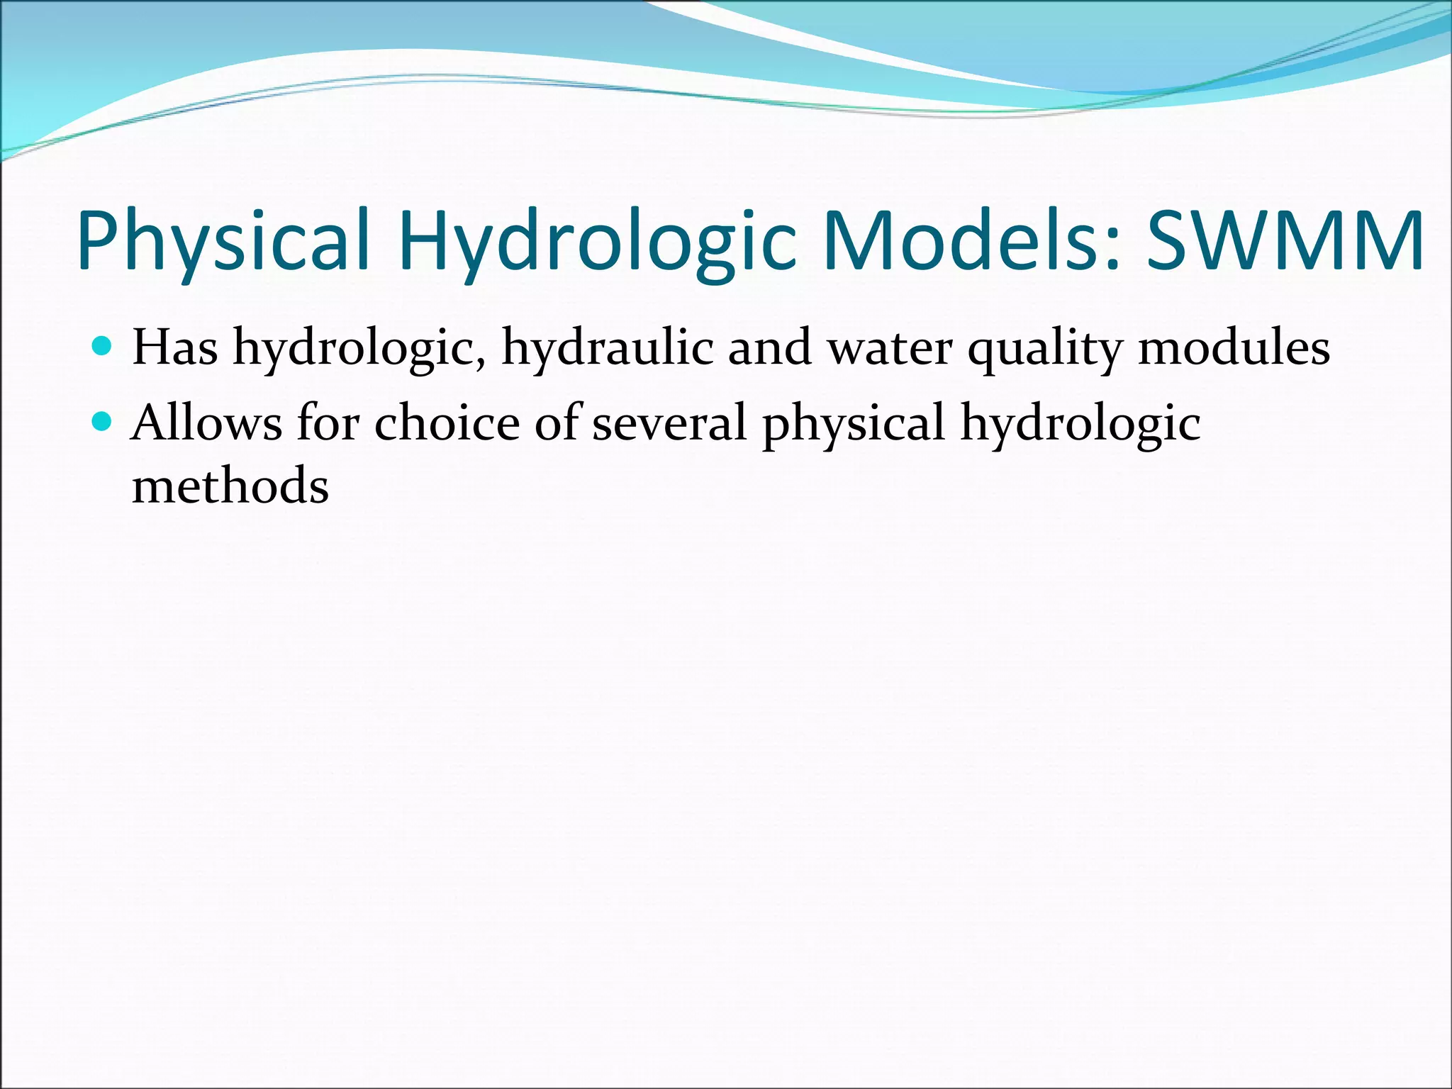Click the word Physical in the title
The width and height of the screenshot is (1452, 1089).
click(x=224, y=241)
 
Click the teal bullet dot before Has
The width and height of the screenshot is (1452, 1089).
click(x=103, y=346)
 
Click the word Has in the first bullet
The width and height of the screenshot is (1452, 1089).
click(x=175, y=347)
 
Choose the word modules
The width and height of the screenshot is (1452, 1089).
click(x=1234, y=347)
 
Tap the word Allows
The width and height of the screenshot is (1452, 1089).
click(x=206, y=423)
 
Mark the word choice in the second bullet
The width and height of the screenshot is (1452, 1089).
click(x=447, y=423)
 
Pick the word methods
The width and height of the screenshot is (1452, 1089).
click(x=230, y=486)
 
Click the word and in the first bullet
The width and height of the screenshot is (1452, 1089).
click(x=769, y=347)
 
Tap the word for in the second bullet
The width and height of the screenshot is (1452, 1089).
click(x=328, y=423)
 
